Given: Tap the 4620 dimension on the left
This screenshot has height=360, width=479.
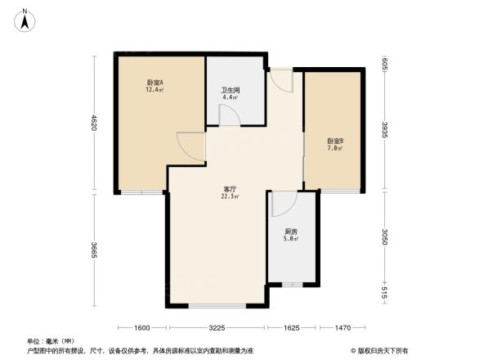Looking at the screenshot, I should pos(94,124).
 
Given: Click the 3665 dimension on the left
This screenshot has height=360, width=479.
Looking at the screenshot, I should pos(94,250).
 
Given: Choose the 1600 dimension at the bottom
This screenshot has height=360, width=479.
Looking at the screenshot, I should pos(142,327).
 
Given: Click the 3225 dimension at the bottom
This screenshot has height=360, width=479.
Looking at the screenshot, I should pos(217,327).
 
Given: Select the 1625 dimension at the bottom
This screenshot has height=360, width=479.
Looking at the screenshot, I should pos(290,327).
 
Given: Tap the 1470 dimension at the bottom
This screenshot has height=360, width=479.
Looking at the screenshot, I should pos(342,327).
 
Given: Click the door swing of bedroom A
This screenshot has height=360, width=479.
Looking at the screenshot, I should pos(193,146).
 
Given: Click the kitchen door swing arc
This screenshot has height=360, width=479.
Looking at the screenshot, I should pos(282,202).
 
